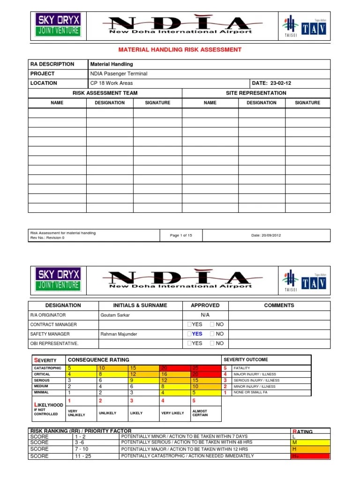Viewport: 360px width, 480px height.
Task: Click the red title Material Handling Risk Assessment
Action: (180, 49)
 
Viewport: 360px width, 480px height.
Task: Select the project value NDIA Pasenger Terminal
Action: (119, 74)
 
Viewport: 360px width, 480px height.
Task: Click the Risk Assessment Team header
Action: (105, 93)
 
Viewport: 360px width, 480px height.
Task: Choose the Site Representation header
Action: (256, 93)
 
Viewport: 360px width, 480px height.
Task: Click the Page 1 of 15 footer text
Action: (181, 235)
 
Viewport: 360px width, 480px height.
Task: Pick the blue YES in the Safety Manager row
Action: (197, 334)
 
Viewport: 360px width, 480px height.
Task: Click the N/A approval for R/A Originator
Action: (205, 315)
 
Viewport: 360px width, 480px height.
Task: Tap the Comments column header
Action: (279, 305)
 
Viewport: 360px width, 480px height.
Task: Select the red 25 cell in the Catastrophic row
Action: (195, 368)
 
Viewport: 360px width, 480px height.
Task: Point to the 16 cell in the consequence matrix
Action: (165, 374)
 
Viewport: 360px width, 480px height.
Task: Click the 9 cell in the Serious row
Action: (132, 380)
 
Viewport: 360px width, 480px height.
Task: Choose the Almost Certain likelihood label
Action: (200, 413)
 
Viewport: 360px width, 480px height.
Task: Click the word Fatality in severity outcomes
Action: (242, 368)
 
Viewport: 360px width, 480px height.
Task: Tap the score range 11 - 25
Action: (84, 456)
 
